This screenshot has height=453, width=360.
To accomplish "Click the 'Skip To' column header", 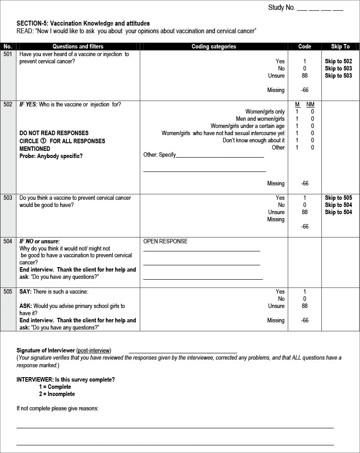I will (x=340, y=46).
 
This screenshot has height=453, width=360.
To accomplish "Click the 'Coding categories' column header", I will (x=214, y=46).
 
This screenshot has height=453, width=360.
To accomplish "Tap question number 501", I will (x=8, y=54).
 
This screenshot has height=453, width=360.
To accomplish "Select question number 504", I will (x=8, y=241).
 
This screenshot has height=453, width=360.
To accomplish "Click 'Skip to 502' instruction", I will (x=338, y=62).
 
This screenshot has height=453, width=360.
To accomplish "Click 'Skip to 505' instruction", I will (x=338, y=198).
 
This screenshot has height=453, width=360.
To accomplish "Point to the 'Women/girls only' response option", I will (x=265, y=112).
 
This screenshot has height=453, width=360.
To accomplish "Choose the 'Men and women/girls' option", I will (x=260, y=119).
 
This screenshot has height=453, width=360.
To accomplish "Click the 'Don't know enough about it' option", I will (x=254, y=141).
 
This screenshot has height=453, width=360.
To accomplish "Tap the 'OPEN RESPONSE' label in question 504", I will (x=165, y=241).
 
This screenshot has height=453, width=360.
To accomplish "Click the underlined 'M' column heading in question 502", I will (x=297, y=105).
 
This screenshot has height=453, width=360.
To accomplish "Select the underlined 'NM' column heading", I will (x=310, y=105).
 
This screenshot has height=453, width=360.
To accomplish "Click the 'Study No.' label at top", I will (x=281, y=8).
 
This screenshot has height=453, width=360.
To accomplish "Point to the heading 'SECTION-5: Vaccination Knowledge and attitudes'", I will (x=83, y=23).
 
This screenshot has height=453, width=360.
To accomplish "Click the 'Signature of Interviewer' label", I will (x=45, y=350).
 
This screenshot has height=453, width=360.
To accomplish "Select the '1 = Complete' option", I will (x=55, y=387).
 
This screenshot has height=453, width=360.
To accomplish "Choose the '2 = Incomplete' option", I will (x=57, y=394).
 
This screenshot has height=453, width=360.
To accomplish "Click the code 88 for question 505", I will (x=305, y=306).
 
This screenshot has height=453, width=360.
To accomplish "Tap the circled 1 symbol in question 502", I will (x=44, y=141).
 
